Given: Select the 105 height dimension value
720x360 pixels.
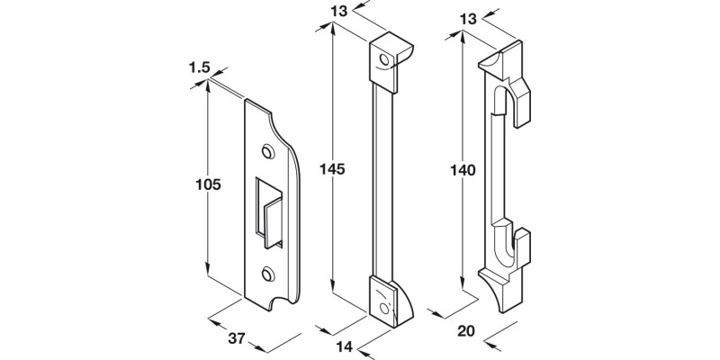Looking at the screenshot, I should [209, 184].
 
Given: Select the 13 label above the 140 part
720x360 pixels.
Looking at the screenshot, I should [467, 17].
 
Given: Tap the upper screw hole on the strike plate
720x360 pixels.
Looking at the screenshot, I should [266, 150].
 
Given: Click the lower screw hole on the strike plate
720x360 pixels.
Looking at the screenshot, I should [267, 272].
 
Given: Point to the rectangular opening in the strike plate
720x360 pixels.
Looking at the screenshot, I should [267, 211].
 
